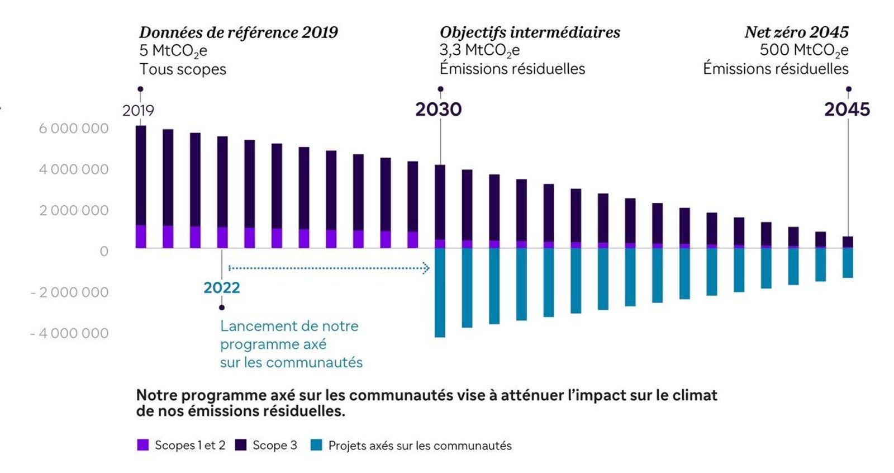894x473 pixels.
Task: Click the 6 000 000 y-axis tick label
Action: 73,129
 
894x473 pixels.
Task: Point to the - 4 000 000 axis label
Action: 69,333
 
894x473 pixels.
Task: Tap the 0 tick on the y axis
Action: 104,252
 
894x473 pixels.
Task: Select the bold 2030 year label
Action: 438,110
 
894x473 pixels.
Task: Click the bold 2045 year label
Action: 847,110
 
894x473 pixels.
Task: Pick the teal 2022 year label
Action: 222,287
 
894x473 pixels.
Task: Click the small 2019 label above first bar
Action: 138,110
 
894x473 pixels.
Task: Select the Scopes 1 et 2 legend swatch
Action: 143,445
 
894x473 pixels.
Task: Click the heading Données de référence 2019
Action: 239,32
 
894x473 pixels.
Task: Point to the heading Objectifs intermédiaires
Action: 530,32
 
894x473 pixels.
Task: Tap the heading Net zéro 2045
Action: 796,32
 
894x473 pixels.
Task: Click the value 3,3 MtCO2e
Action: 479,50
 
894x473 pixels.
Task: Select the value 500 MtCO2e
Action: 803,50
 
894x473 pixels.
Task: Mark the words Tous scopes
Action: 183,69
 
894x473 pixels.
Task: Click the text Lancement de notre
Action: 289,326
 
